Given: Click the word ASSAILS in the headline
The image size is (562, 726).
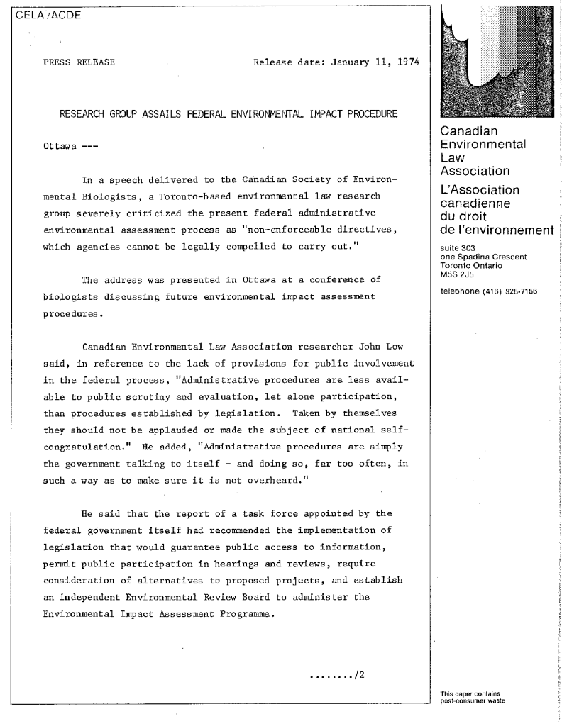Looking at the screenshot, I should tap(189, 115).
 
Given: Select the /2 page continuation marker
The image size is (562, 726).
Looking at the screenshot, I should tap(359, 673).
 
